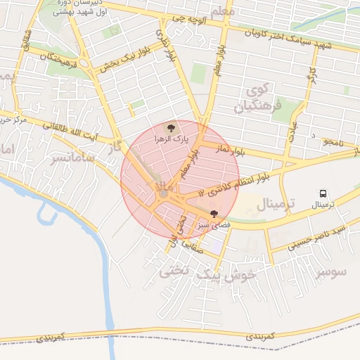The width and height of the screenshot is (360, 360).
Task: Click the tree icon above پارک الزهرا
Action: [x=169, y=127]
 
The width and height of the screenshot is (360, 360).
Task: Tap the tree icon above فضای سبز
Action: [x=214, y=213]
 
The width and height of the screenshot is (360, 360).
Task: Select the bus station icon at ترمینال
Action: [x=323, y=193]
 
